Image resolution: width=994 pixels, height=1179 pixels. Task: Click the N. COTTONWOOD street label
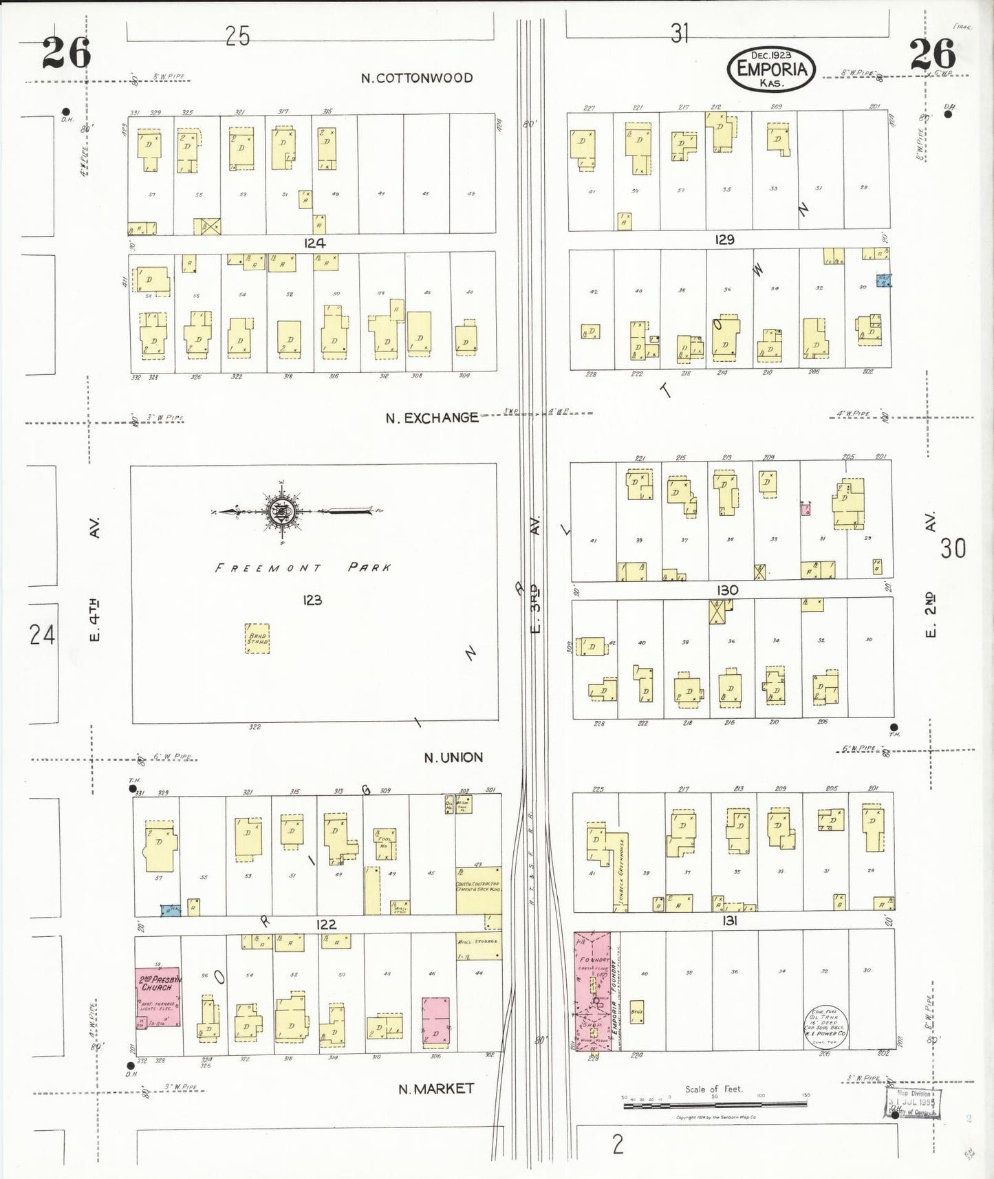[417, 78]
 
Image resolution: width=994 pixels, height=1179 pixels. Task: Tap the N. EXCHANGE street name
[431, 418]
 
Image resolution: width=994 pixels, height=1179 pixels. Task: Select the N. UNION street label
[453, 757]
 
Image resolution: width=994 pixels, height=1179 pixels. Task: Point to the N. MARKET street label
[436, 1088]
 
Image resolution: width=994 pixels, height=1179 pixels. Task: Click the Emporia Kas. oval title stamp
[771, 69]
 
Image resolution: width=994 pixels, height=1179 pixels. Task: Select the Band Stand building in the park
[257, 638]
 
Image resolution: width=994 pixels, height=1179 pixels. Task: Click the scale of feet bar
[715, 1105]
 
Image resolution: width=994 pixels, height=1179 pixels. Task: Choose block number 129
[724, 239]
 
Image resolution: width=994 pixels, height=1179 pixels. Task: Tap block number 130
[727, 589]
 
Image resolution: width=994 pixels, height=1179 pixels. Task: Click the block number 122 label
[326, 924]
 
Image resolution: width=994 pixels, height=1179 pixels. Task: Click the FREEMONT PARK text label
[303, 567]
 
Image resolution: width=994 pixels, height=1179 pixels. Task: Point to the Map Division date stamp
[913, 1101]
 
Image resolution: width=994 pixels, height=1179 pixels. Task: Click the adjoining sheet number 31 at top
[679, 32]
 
